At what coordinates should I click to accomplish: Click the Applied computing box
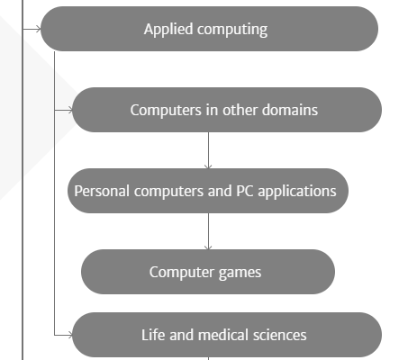(209, 29)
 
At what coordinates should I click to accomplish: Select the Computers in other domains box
(227, 110)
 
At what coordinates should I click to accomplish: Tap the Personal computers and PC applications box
(208, 191)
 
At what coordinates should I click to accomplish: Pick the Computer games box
(208, 272)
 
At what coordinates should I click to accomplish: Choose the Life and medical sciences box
(227, 335)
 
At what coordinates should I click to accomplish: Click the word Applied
(168, 30)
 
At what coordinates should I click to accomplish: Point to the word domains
(290, 110)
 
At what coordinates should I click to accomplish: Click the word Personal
(102, 191)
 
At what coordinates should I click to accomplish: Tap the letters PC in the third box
(245, 191)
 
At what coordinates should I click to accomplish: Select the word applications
(297, 192)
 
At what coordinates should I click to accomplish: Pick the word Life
(153, 335)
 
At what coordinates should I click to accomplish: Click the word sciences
(280, 335)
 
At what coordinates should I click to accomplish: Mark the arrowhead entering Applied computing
(38, 29)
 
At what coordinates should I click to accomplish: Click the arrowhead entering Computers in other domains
(69, 110)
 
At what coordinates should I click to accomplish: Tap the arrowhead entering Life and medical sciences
(69, 335)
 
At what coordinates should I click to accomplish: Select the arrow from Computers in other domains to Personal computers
(208, 150)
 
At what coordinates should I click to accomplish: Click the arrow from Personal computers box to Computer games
(208, 231)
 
